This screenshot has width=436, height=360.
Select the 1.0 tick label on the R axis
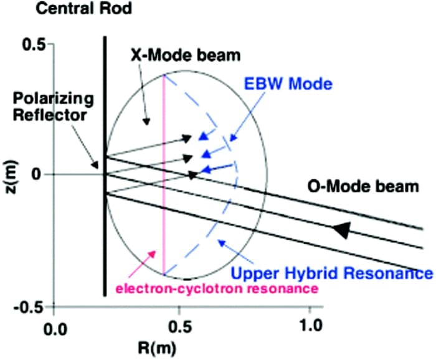coord(308,325)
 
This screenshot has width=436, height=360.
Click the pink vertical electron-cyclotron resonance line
coord(164,187)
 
